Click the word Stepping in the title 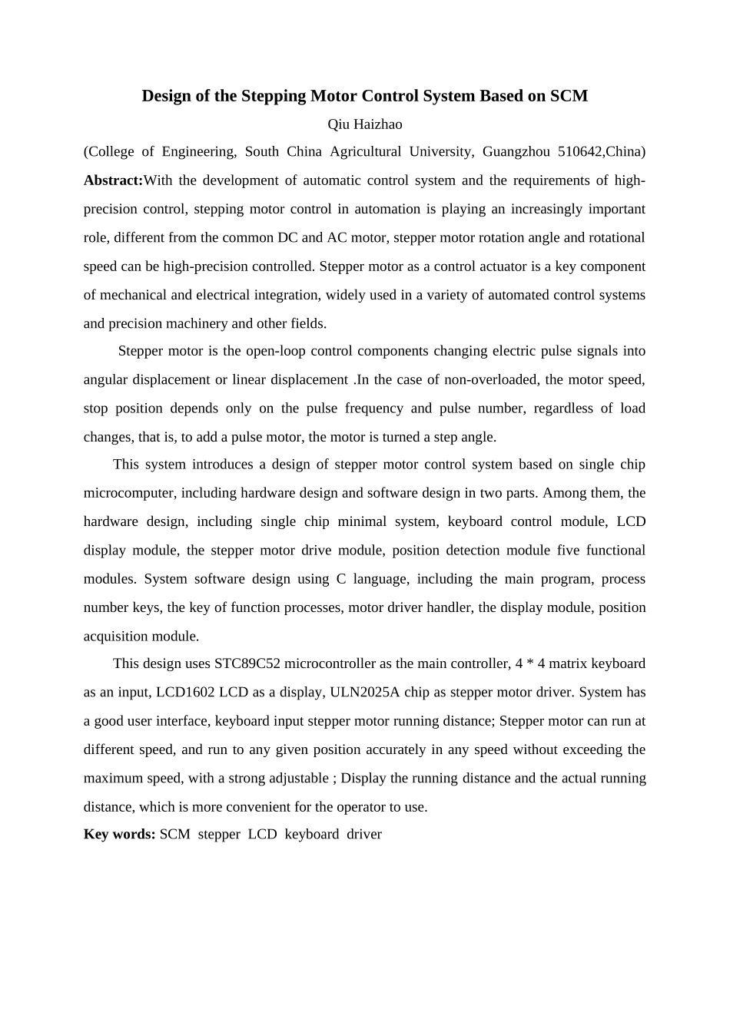point(273,96)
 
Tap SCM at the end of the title point(569,96)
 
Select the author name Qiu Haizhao point(365,124)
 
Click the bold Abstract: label point(113,180)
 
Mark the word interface point(183,721)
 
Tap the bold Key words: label point(119,835)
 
